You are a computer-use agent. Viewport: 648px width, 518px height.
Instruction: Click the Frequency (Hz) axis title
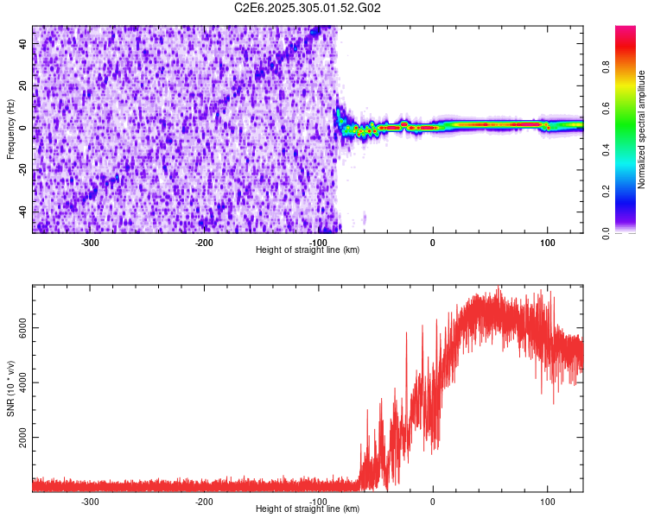pos(10,128)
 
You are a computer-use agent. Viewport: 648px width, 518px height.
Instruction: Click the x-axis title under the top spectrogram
pos(308,250)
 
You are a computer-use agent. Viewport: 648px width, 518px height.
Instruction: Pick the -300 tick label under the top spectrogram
pos(90,242)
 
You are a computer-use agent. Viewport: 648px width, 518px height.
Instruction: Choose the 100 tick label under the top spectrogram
pos(547,242)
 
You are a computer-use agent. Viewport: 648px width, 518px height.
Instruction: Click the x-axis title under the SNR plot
pos(308,509)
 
